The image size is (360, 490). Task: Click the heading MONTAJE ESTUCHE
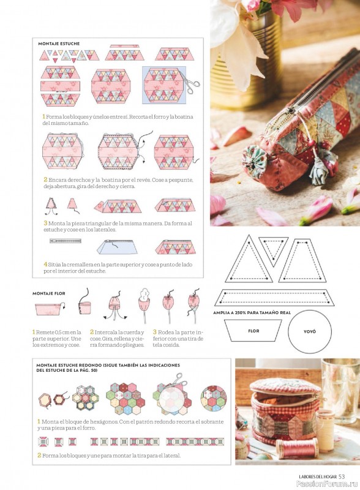tap(59, 43)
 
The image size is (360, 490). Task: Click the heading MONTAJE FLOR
tap(49, 293)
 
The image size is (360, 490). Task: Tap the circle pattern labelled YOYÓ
tap(310, 331)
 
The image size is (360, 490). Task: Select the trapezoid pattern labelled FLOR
tap(253, 331)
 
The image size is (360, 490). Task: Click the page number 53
tap(342, 477)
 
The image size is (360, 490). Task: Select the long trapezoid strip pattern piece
tap(274, 298)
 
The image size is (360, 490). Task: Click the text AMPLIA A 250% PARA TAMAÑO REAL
tap(252, 312)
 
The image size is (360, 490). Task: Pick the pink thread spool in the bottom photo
tap(296, 448)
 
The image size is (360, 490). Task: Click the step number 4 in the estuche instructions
tap(45, 265)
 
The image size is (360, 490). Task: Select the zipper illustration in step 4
tap(66, 241)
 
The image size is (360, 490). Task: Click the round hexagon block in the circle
tap(214, 399)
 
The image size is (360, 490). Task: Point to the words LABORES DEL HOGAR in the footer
tap(318, 477)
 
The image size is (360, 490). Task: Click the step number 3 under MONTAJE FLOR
tap(155, 332)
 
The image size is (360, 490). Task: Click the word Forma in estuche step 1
tap(54, 117)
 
